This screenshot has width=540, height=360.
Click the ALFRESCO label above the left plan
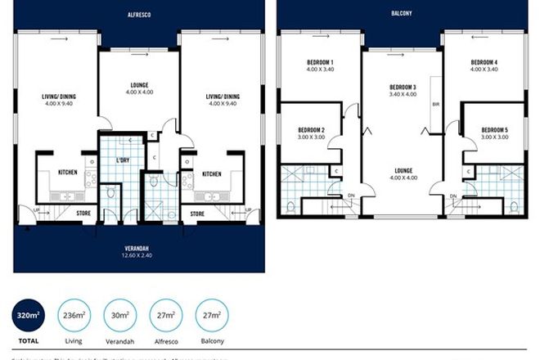(x=137, y=15)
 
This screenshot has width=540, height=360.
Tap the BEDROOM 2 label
(x=312, y=131)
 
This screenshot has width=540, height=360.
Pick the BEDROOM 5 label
(x=495, y=131)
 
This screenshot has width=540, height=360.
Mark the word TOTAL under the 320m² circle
(x=29, y=339)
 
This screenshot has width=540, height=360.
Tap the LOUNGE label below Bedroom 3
(x=403, y=170)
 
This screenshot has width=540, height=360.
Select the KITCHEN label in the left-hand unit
(x=68, y=173)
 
